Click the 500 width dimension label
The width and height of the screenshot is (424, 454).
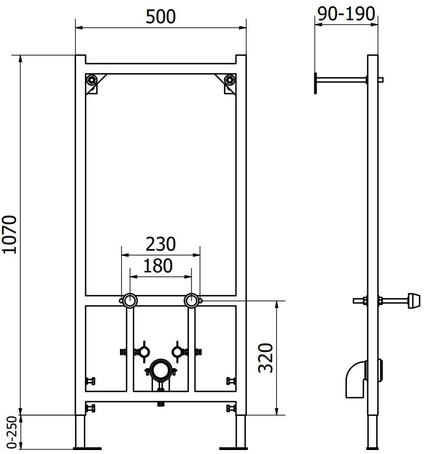click(x=161, y=16)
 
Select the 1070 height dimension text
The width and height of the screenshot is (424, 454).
click(x=11, y=234)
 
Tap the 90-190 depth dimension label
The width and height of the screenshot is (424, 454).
click(x=346, y=14)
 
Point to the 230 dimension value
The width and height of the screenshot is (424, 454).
click(x=160, y=244)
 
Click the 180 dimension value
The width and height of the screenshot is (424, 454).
click(x=158, y=265)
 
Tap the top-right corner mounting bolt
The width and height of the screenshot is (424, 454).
click(x=229, y=79)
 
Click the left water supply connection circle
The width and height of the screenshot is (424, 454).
click(x=130, y=300)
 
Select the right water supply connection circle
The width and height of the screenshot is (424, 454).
click(x=191, y=300)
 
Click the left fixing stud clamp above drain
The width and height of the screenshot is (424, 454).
click(x=143, y=351)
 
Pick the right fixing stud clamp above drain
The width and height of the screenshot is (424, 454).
click(x=177, y=351)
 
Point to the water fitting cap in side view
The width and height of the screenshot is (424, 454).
click(x=413, y=300)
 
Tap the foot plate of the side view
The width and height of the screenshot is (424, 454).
click(x=372, y=448)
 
